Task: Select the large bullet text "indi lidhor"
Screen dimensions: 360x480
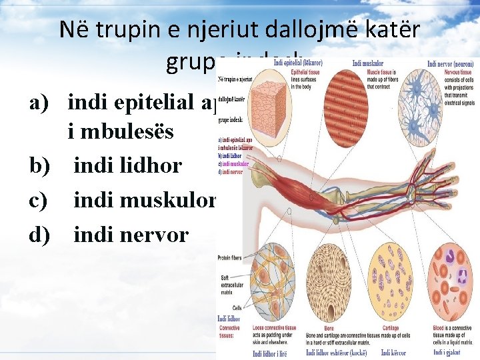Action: pos(127,165)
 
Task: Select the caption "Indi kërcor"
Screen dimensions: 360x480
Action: pos(390,351)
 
